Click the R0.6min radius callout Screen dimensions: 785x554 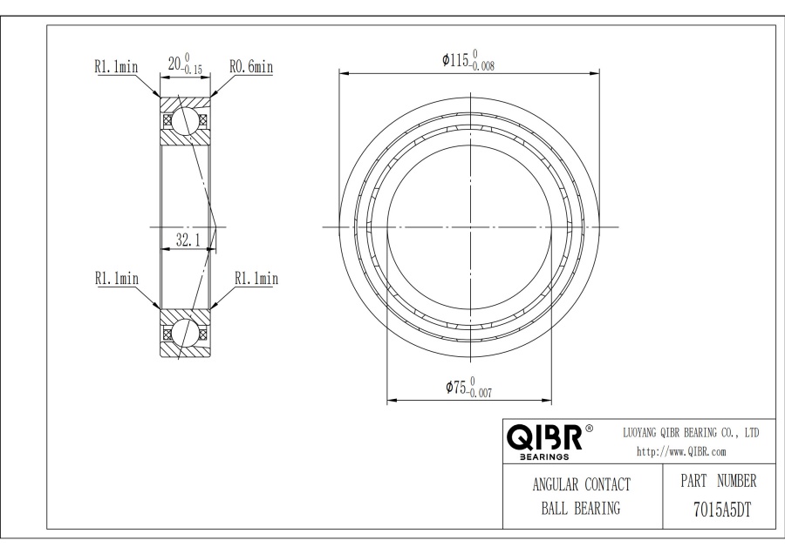[251, 66]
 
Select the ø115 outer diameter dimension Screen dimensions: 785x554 [468, 60]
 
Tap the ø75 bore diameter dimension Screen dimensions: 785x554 [468, 388]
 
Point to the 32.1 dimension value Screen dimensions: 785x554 [188, 240]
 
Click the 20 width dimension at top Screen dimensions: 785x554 [185, 64]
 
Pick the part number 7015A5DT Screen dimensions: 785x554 [722, 510]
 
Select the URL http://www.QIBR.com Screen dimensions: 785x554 [681, 451]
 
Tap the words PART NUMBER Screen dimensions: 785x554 [719, 481]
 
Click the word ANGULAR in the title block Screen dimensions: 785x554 [556, 484]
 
